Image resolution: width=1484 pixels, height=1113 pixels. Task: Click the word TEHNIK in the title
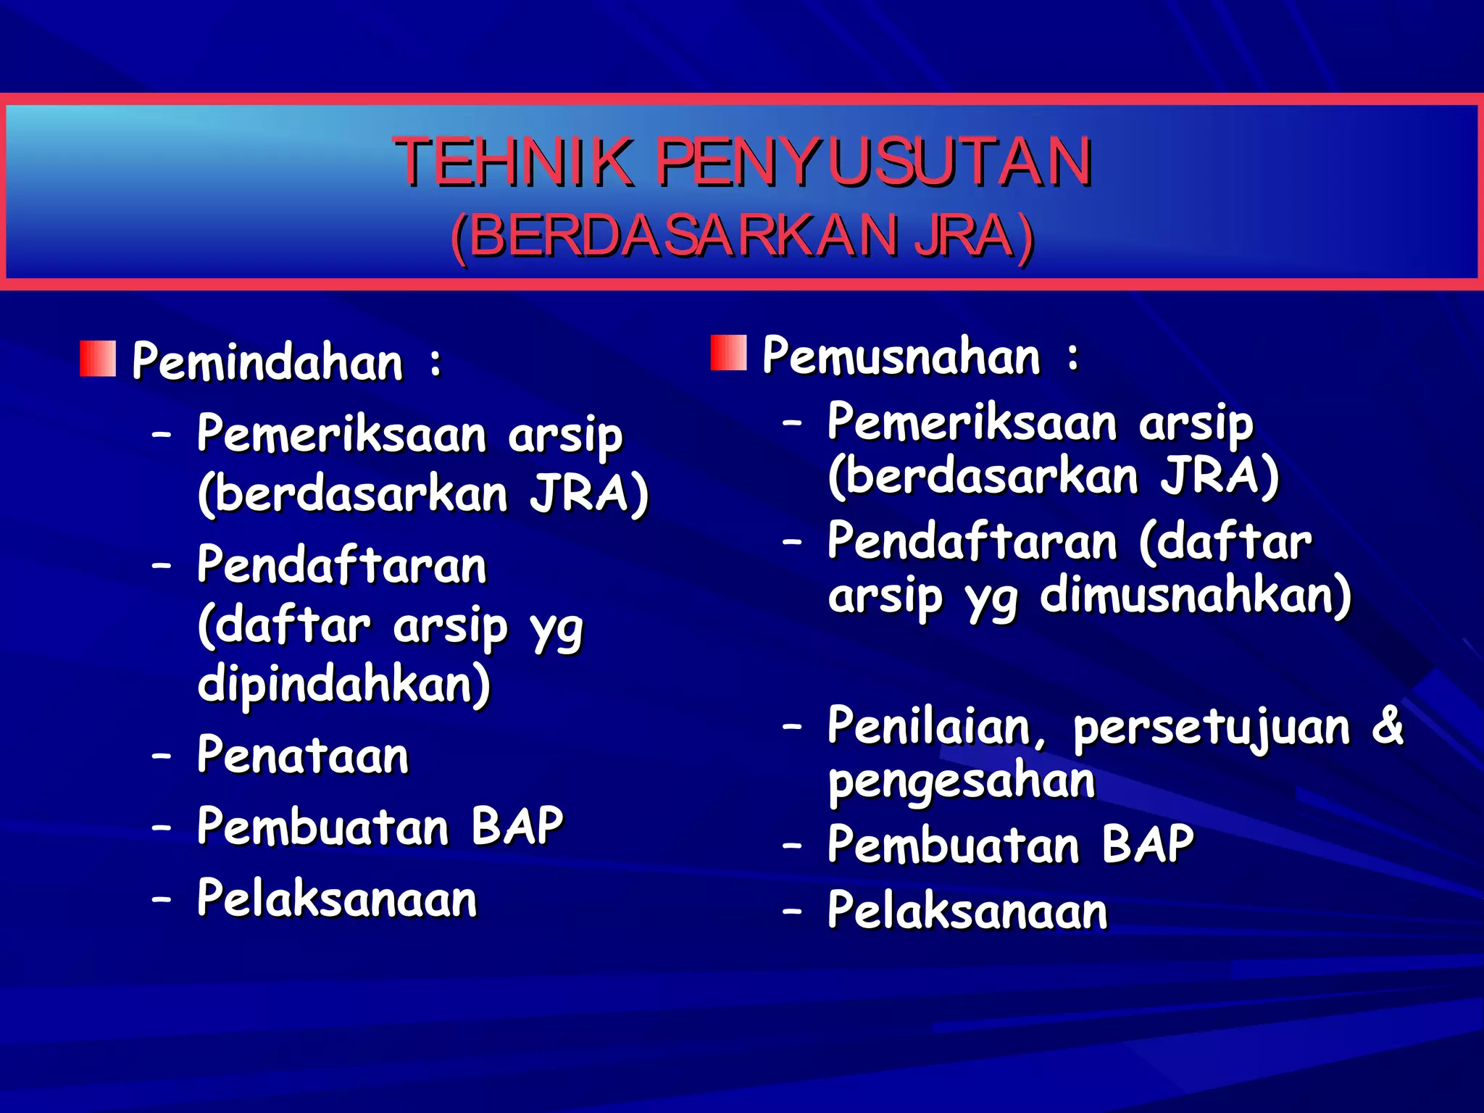514,162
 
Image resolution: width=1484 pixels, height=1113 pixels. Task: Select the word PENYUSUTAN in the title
874,162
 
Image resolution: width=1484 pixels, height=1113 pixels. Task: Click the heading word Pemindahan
267,362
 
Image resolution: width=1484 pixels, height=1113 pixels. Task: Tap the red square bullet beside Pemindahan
98,359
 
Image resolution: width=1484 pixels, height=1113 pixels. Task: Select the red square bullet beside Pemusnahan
728,353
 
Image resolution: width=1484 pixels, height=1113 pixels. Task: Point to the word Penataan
303,756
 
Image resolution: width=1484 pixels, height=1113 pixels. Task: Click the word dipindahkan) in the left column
344,685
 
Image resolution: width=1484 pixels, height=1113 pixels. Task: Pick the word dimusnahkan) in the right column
1196,596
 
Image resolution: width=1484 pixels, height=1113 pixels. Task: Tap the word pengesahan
962,781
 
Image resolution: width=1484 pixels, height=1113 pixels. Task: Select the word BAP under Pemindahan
517,826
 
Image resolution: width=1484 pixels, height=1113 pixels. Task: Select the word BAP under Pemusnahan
1148,845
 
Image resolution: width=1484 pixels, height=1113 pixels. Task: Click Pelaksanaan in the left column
337,899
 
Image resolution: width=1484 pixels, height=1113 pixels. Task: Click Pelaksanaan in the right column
967,911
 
